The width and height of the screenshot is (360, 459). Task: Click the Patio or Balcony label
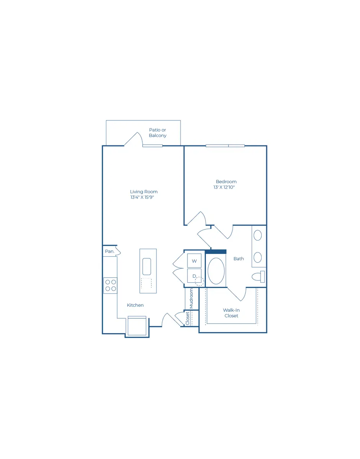point(157,133)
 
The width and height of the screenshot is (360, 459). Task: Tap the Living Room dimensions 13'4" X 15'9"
point(142,197)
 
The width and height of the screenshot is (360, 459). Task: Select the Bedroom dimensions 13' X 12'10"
point(224,187)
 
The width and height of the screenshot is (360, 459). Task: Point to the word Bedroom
point(226,182)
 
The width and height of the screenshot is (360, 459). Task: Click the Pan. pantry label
point(110,251)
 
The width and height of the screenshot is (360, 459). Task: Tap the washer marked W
point(194,261)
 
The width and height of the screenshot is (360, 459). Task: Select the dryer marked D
point(194,276)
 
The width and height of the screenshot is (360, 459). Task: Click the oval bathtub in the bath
point(216,271)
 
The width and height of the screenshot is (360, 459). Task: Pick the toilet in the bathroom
point(258,277)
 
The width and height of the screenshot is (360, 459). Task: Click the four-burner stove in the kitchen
point(110,285)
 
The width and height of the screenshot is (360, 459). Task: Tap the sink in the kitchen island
point(147,267)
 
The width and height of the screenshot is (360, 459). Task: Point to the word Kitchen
point(135,305)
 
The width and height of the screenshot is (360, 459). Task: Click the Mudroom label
point(191,299)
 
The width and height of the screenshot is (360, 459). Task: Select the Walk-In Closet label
point(231,313)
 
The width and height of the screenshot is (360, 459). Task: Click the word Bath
point(239,259)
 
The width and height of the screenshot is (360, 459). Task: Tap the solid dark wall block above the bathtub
point(216,252)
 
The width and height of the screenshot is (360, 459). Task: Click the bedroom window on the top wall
point(225,146)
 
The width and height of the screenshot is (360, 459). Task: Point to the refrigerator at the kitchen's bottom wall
point(137,326)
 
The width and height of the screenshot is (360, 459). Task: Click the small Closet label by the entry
point(187,319)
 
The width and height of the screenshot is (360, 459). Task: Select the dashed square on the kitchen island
point(147,283)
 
